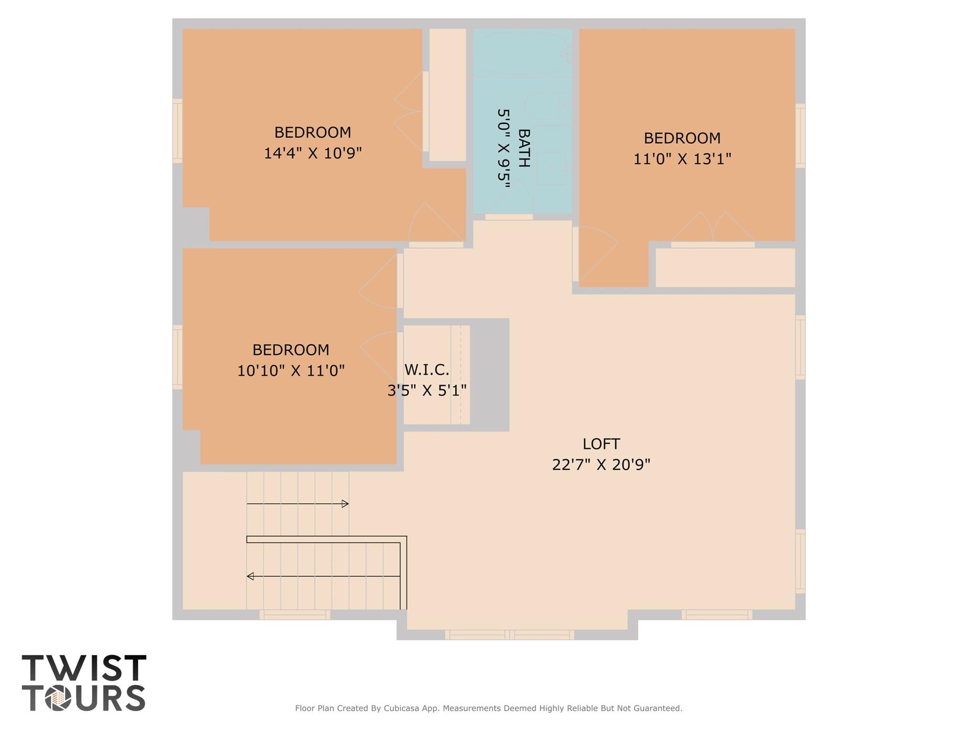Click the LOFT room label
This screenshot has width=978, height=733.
[x=601, y=444]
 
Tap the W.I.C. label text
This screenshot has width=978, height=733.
[x=427, y=370]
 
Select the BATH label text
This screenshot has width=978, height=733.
[x=524, y=148]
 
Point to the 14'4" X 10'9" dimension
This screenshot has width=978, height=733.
[x=313, y=153]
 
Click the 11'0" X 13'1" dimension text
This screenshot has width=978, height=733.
[x=682, y=159]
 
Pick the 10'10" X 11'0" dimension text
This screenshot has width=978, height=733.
[x=291, y=371]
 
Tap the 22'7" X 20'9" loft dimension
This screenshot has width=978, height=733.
[x=601, y=465]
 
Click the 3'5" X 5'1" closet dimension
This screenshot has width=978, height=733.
[x=427, y=391]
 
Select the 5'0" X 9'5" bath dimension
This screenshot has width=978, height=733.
[x=504, y=148]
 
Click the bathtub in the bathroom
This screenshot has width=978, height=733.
[x=522, y=53]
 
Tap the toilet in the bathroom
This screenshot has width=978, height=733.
[x=548, y=106]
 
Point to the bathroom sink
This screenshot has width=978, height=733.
[x=553, y=168]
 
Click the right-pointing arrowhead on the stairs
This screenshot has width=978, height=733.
[x=345, y=504]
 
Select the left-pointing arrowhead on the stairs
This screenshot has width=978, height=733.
[x=250, y=576]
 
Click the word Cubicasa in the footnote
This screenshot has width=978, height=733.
[x=402, y=708]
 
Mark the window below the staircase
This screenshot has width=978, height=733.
[x=295, y=615]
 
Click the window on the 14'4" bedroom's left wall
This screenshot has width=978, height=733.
[x=177, y=131]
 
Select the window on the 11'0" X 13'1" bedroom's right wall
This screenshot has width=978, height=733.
[x=800, y=136]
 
